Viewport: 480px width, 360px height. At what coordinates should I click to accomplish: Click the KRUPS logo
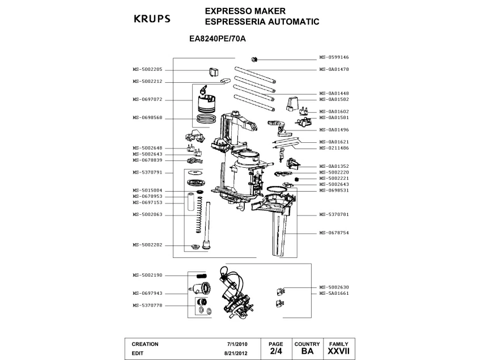pyautogui.click(x=151, y=18)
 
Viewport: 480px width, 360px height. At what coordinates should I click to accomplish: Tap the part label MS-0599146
pyautogui.click(x=334, y=57)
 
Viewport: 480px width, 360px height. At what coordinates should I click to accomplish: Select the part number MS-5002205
pyautogui.click(x=148, y=69)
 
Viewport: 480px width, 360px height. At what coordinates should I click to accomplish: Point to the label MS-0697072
pyautogui.click(x=148, y=99)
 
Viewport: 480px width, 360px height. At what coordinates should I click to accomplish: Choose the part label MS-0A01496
pyautogui.click(x=334, y=129)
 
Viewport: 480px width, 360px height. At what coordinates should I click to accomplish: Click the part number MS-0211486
pyautogui.click(x=334, y=147)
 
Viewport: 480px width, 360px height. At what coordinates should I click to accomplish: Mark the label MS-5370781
pyautogui.click(x=334, y=215)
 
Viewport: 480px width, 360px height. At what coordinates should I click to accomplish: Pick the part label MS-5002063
pyautogui.click(x=148, y=214)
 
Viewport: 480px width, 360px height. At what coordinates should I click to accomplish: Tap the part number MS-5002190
pyautogui.click(x=148, y=275)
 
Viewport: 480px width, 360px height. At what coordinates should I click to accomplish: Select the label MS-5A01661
pyautogui.click(x=334, y=293)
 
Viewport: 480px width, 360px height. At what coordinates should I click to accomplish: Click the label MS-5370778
pyautogui.click(x=148, y=305)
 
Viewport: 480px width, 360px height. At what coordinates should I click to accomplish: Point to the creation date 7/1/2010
pyautogui.click(x=237, y=344)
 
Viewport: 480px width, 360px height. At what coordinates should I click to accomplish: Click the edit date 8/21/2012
pyautogui.click(x=236, y=352)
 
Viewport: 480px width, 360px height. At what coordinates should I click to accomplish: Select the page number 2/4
pyautogui.click(x=275, y=352)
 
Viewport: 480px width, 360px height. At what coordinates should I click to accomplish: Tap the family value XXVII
pyautogui.click(x=338, y=352)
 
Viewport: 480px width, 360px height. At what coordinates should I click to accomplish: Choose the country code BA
pyautogui.click(x=307, y=352)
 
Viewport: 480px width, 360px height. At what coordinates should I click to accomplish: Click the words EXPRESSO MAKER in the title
pyautogui.click(x=237, y=11)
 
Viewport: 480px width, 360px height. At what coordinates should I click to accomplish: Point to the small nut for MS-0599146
pyautogui.click(x=254, y=59)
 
